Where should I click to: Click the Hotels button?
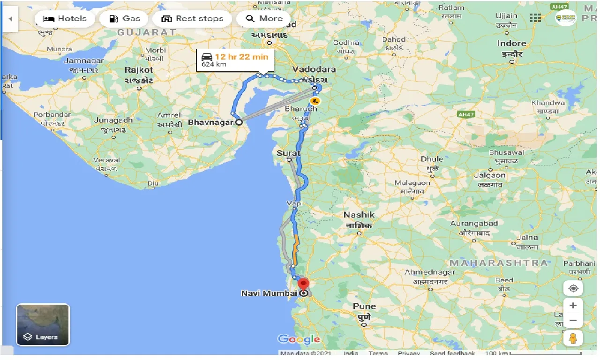coord(65,19)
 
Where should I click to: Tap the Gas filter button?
coord(124,19)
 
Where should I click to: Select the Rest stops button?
coord(192,19)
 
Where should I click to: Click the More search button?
coord(264,19)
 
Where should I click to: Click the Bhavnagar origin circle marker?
coord(239,122)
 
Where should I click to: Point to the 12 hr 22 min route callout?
coord(234,60)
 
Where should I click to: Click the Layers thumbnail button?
coord(43,325)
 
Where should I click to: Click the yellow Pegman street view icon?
coord(573,337)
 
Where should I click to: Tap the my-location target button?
coord(573,288)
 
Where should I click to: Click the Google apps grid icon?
coord(535,18)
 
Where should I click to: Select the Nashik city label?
coord(359,215)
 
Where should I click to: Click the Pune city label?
coord(364,306)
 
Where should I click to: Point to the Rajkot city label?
coord(139,70)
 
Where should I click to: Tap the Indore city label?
coord(512,44)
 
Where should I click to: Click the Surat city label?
coord(289,153)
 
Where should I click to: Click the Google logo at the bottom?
coord(299,339)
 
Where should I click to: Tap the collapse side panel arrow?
coord(10,19)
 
